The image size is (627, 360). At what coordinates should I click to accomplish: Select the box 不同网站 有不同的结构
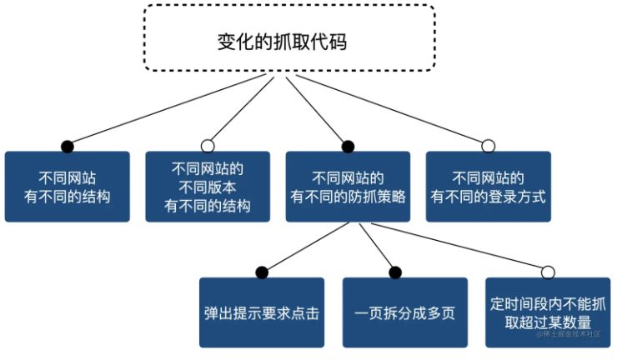pyautogui.click(x=68, y=187)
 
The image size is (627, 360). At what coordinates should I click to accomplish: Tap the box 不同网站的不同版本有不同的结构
pyautogui.click(x=208, y=187)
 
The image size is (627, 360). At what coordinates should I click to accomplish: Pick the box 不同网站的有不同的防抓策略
pyautogui.click(x=348, y=187)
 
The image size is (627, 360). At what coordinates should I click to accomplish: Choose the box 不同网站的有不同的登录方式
pyautogui.click(x=488, y=187)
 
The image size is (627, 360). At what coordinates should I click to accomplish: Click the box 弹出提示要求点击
pyautogui.click(x=262, y=312)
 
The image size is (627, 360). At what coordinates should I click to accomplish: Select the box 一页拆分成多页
pyautogui.click(x=396, y=312)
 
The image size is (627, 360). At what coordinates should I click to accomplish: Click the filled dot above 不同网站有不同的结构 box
pyautogui.click(x=68, y=146)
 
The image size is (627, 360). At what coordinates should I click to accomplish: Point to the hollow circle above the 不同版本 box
pyautogui.click(x=208, y=146)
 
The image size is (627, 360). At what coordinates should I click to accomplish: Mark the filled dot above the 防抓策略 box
pyautogui.click(x=348, y=146)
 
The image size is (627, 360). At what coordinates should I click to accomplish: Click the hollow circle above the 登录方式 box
pyautogui.click(x=489, y=146)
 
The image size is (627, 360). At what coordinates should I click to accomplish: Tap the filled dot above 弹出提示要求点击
pyautogui.click(x=262, y=272)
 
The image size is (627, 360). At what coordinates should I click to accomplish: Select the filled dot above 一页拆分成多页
pyautogui.click(x=396, y=272)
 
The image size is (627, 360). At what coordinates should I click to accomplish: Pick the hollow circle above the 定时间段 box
pyautogui.click(x=548, y=272)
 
